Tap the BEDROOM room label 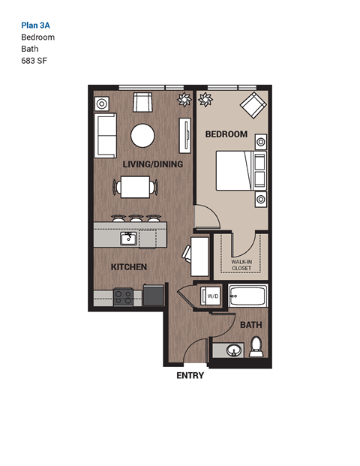pyautogui.click(x=226, y=134)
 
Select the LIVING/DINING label pyautogui.click(x=153, y=164)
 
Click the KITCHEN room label pyautogui.click(x=128, y=266)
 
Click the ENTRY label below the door pyautogui.click(x=190, y=376)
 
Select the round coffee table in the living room pyautogui.click(x=142, y=136)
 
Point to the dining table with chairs pyautogui.click(x=136, y=187)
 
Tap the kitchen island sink pyautogui.click(x=129, y=239)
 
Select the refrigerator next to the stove pyautogui.click(x=153, y=295)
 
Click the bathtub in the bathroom pyautogui.click(x=247, y=296)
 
